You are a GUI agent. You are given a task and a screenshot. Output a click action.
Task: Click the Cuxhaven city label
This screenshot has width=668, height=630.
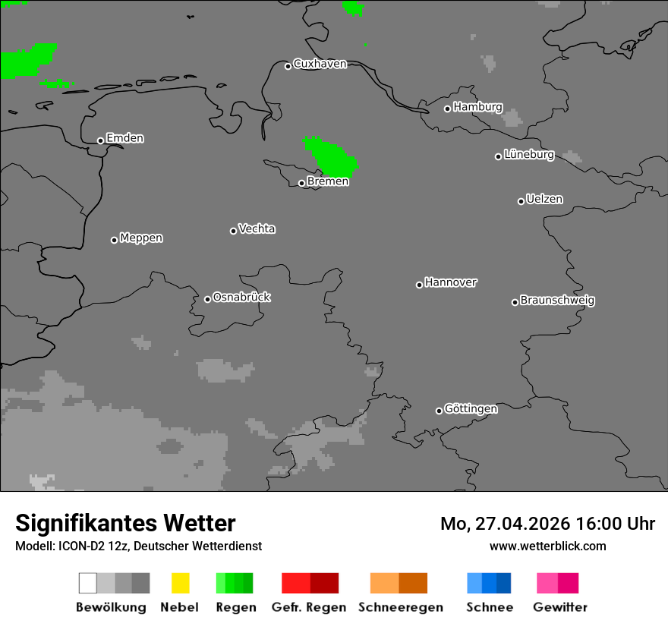coord(320,64)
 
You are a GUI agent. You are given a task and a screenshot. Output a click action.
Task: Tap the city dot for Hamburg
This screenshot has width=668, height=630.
coord(447,109)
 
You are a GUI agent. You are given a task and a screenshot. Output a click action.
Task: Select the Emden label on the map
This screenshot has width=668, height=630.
coord(124,138)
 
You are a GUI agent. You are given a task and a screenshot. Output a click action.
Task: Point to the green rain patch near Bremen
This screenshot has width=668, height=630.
coord(332,156)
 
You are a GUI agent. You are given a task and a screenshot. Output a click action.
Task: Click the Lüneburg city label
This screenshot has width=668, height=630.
coord(529,154)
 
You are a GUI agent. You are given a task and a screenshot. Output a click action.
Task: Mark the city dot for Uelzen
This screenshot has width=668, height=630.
coord(521,201)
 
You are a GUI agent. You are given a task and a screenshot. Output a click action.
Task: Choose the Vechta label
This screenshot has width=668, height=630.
coord(257,228)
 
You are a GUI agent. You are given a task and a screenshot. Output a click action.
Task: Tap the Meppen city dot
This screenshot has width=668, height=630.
coord(114,240)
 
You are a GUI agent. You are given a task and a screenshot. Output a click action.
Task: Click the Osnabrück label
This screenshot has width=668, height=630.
coord(241,297)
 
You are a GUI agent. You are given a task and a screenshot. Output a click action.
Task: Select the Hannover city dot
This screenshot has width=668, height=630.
coord(419,285)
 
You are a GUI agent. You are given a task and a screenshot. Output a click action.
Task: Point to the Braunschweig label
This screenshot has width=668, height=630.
coord(557,300)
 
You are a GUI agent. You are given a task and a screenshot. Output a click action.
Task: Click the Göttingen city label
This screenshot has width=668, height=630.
coord(471,408)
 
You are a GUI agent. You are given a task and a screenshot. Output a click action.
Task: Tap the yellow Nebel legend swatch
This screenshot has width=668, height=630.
coord(180,583)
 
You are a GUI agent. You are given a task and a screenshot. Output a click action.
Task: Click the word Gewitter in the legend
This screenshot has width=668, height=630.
coord(560,607)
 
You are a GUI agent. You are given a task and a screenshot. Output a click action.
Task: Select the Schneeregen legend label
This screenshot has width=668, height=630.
coord(400,607)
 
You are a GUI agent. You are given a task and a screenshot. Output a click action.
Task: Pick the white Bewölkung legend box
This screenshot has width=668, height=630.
coord(88,583)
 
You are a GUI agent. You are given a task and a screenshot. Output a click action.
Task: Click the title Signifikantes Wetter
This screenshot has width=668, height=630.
coord(125,523)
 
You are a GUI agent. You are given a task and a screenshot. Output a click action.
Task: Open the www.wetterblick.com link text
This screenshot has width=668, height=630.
coord(547,546)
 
